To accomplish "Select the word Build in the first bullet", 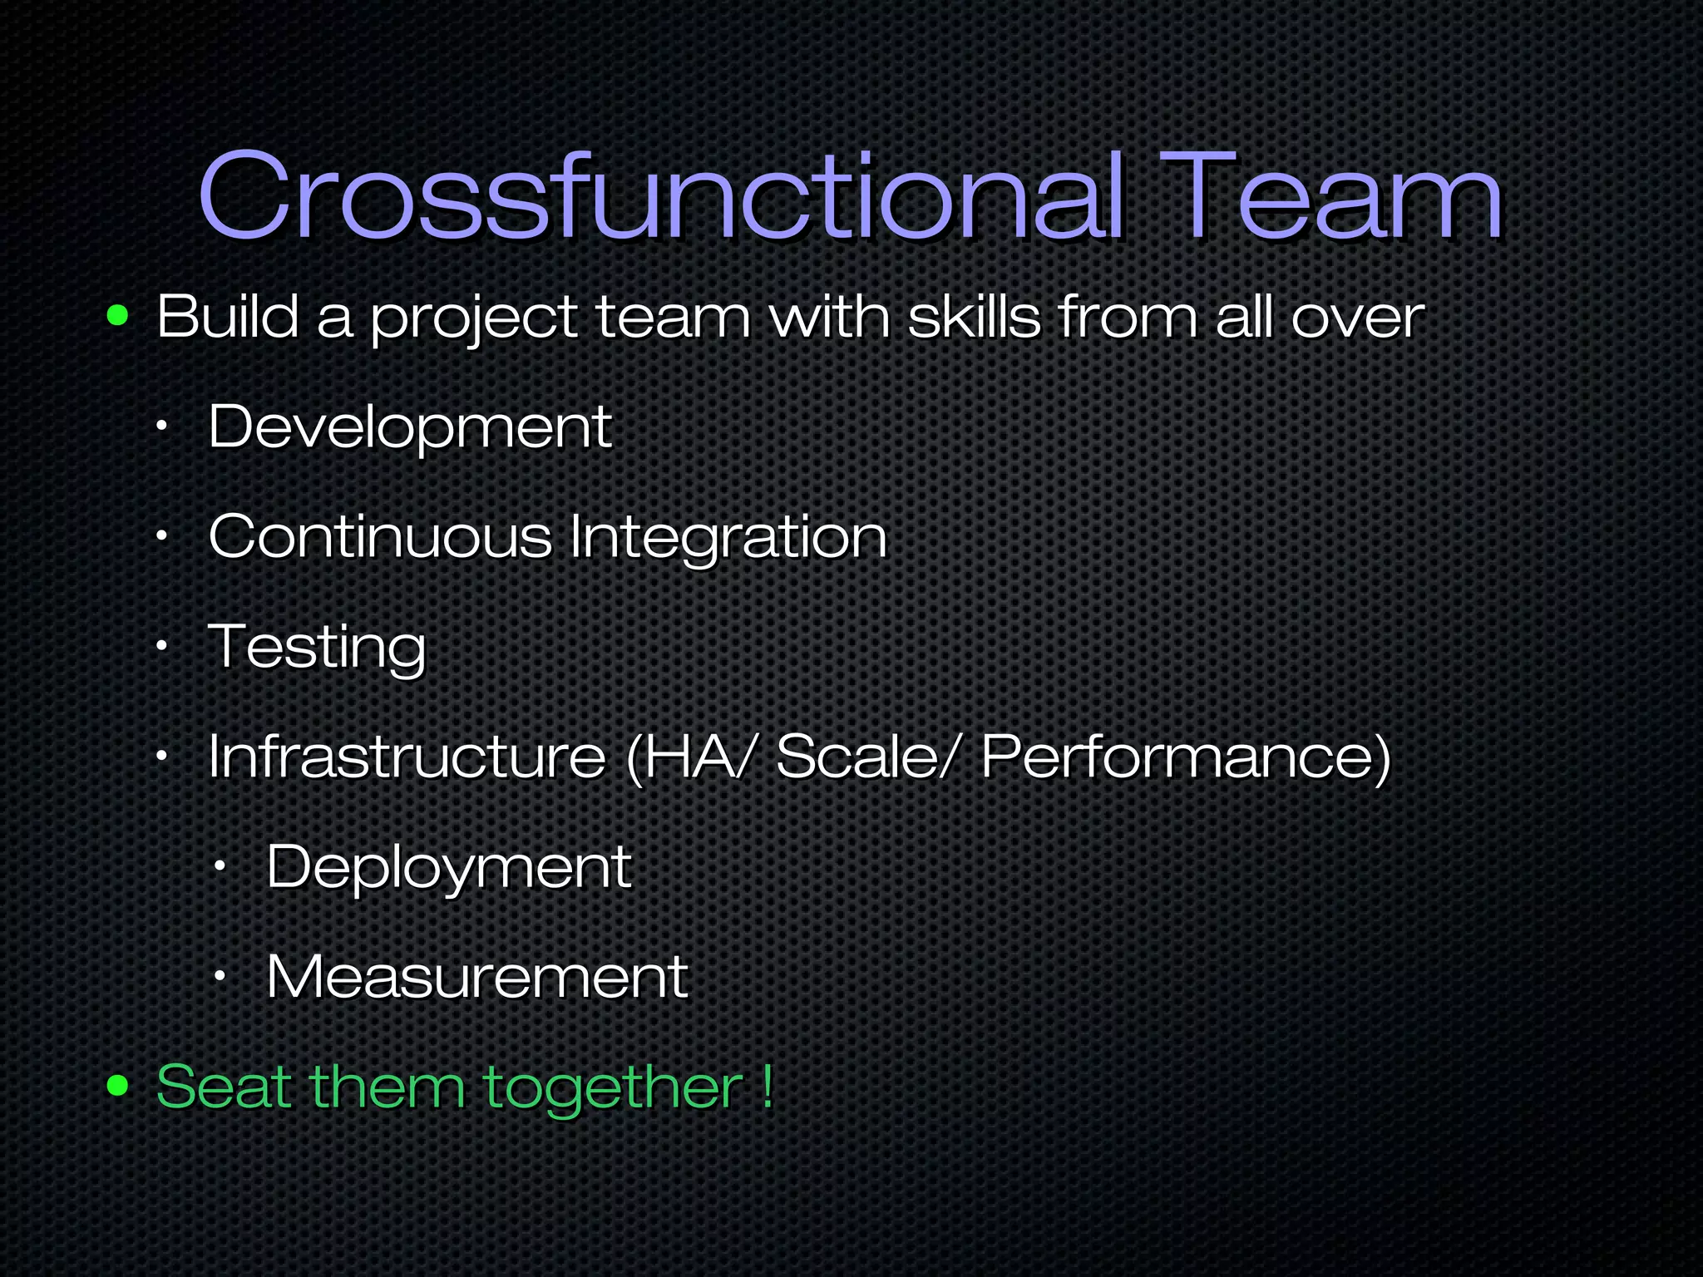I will [x=228, y=317].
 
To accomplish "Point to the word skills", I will [x=974, y=317].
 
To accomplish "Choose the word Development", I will [x=410, y=427].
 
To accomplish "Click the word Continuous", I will [x=380, y=536].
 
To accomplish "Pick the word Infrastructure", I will [x=407, y=756].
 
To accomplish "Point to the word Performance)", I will [x=1186, y=757].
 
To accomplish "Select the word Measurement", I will [x=476, y=976].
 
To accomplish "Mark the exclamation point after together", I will [x=767, y=1086].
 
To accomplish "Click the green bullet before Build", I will [x=118, y=316].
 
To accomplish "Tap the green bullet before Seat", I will [x=118, y=1085].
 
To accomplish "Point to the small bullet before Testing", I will [x=162, y=646].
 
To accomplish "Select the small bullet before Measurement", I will [x=220, y=976].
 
